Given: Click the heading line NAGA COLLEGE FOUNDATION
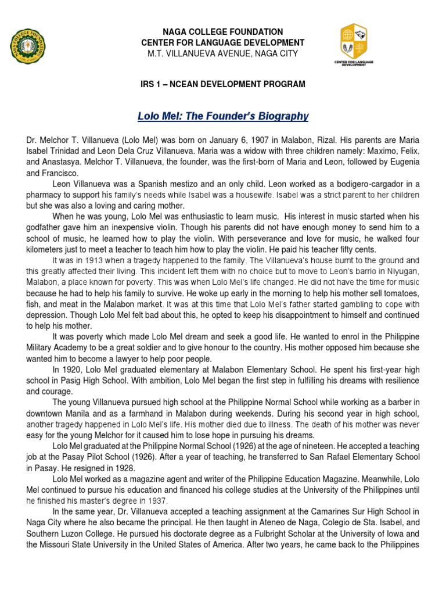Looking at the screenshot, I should click(223, 32).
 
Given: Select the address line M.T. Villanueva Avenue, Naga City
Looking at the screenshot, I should click(223, 53).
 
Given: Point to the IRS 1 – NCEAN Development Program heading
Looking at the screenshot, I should click(223, 85).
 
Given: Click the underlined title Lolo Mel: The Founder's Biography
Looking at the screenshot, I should click(223, 116).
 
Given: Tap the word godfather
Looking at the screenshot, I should click(50, 227).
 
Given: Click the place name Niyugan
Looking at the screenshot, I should click(398, 271).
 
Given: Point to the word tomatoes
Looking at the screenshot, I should click(400, 293).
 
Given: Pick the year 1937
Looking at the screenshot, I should click(157, 501).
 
